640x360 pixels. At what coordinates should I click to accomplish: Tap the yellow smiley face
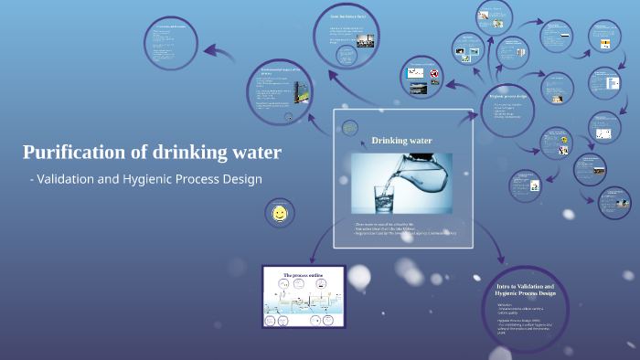click(x=279, y=215)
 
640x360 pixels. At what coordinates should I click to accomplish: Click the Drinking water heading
click(x=401, y=140)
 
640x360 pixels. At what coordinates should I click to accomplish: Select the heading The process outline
click(x=303, y=275)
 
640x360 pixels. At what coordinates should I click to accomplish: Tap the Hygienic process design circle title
click(x=517, y=95)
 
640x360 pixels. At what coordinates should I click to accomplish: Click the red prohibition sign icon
click(x=435, y=72)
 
